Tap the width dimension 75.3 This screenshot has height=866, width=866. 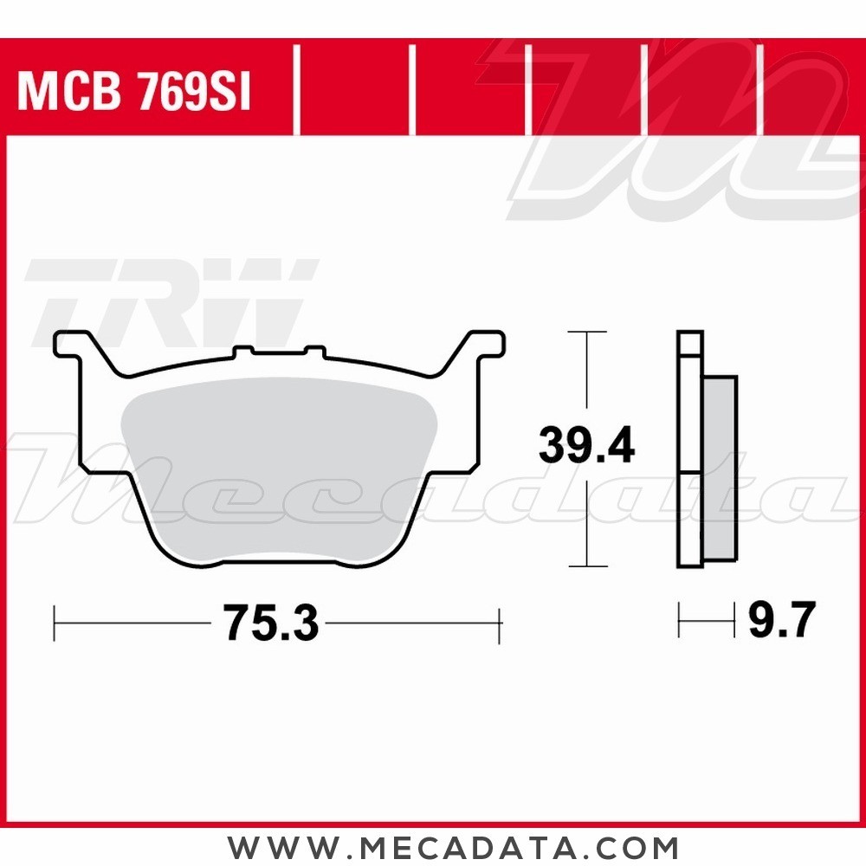tap(270, 623)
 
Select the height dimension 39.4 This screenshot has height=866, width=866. tap(586, 444)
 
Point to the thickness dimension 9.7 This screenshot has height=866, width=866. tap(781, 620)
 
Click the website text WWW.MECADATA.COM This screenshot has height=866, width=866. tap(453, 847)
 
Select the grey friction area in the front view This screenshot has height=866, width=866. tap(279, 469)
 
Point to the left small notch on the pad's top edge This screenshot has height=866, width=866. tap(242, 350)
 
